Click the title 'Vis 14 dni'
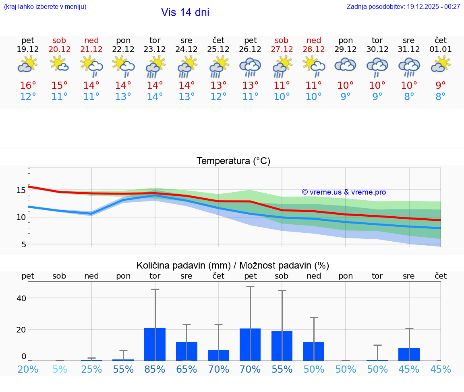185,12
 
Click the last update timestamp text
403,6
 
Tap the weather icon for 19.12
27,64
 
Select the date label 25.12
218,49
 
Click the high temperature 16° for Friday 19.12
28,86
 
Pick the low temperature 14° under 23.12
155,97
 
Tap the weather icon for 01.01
441,64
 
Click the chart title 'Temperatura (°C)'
233,161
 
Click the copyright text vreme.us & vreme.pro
344,192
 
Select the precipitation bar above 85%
155,344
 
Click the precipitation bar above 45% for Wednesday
409,354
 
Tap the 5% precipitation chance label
60,369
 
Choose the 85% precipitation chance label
155,369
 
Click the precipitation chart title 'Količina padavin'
233,265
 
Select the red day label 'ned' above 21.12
91,40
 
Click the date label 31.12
409,49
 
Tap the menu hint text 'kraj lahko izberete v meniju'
45,6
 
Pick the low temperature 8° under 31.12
409,97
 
